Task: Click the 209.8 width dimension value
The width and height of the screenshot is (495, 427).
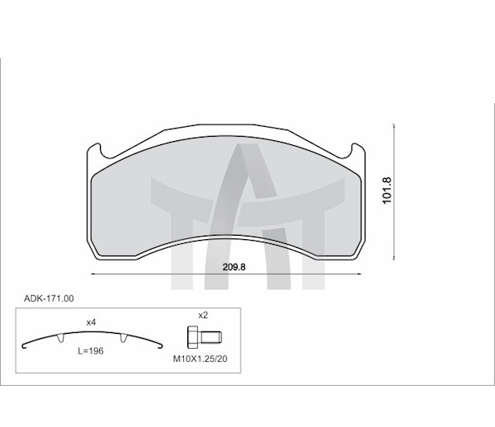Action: [x=234, y=267]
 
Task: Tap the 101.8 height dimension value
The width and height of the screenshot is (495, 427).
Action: [x=387, y=190]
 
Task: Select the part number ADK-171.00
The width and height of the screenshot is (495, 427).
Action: [x=49, y=298]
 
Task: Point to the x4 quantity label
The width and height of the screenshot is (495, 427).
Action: [x=91, y=322]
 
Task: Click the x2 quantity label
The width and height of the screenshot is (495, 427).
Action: [x=203, y=315]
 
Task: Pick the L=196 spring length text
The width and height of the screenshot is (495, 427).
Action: [x=91, y=350]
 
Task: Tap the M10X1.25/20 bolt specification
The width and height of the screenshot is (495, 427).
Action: [x=200, y=359]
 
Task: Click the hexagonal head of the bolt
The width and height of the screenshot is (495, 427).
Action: [x=193, y=337]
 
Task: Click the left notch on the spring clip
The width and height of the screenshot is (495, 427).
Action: [x=60, y=338]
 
